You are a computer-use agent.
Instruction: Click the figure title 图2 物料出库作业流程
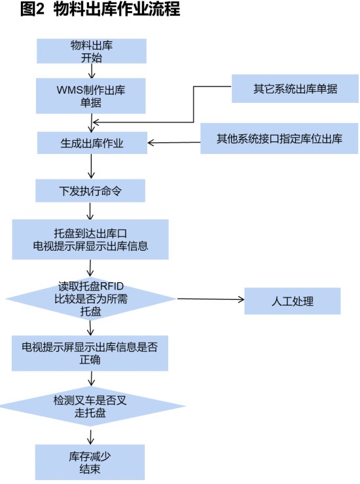pos(100,9)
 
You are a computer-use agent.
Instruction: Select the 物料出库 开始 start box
pos(92,51)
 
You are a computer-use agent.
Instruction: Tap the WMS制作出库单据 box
pos(91,96)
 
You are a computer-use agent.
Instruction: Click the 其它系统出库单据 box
pos(295,88)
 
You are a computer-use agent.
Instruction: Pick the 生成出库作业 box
pos(92,143)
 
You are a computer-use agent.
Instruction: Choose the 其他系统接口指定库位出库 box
pos(279,138)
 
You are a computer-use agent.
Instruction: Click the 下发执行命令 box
pos(90,191)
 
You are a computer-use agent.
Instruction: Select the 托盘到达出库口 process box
pos(90,240)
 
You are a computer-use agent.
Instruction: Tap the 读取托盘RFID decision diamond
pos(91,299)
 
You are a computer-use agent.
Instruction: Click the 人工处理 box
pos(293,301)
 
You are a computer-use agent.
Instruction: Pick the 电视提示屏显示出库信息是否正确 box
pos(90,353)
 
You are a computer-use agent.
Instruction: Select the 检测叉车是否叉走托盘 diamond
pos(91,406)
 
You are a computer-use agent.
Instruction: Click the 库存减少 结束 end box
pos(90,462)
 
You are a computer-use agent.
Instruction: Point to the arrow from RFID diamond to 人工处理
pos(210,299)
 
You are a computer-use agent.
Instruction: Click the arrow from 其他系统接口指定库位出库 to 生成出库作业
pos(174,143)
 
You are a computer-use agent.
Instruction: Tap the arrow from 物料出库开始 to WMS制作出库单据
pos(92,71)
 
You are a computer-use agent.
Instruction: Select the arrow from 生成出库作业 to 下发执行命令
pos(92,166)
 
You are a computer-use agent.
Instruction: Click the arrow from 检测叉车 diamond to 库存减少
pos(90,436)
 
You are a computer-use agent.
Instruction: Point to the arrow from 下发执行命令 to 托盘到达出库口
pos(90,211)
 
